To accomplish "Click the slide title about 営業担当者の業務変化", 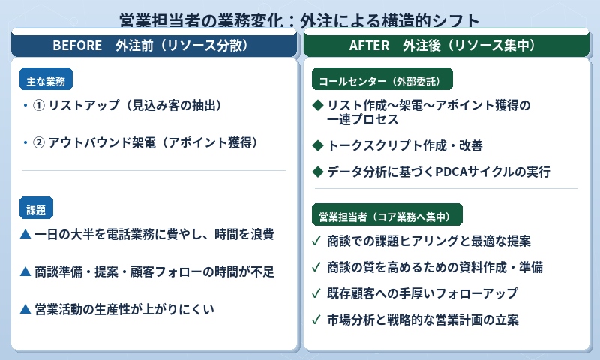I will pyautogui.click(x=300, y=19).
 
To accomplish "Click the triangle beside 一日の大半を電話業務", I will pyautogui.click(x=25, y=235).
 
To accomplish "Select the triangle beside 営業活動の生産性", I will pyautogui.click(x=25, y=308).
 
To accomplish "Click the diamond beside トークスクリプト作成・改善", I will pyautogui.click(x=317, y=145).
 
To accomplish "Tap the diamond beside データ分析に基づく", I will pyautogui.click(x=317, y=172).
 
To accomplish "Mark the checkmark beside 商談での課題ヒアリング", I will pyautogui.click(x=317, y=241).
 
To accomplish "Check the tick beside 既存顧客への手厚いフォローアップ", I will pyautogui.click(x=317, y=293).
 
